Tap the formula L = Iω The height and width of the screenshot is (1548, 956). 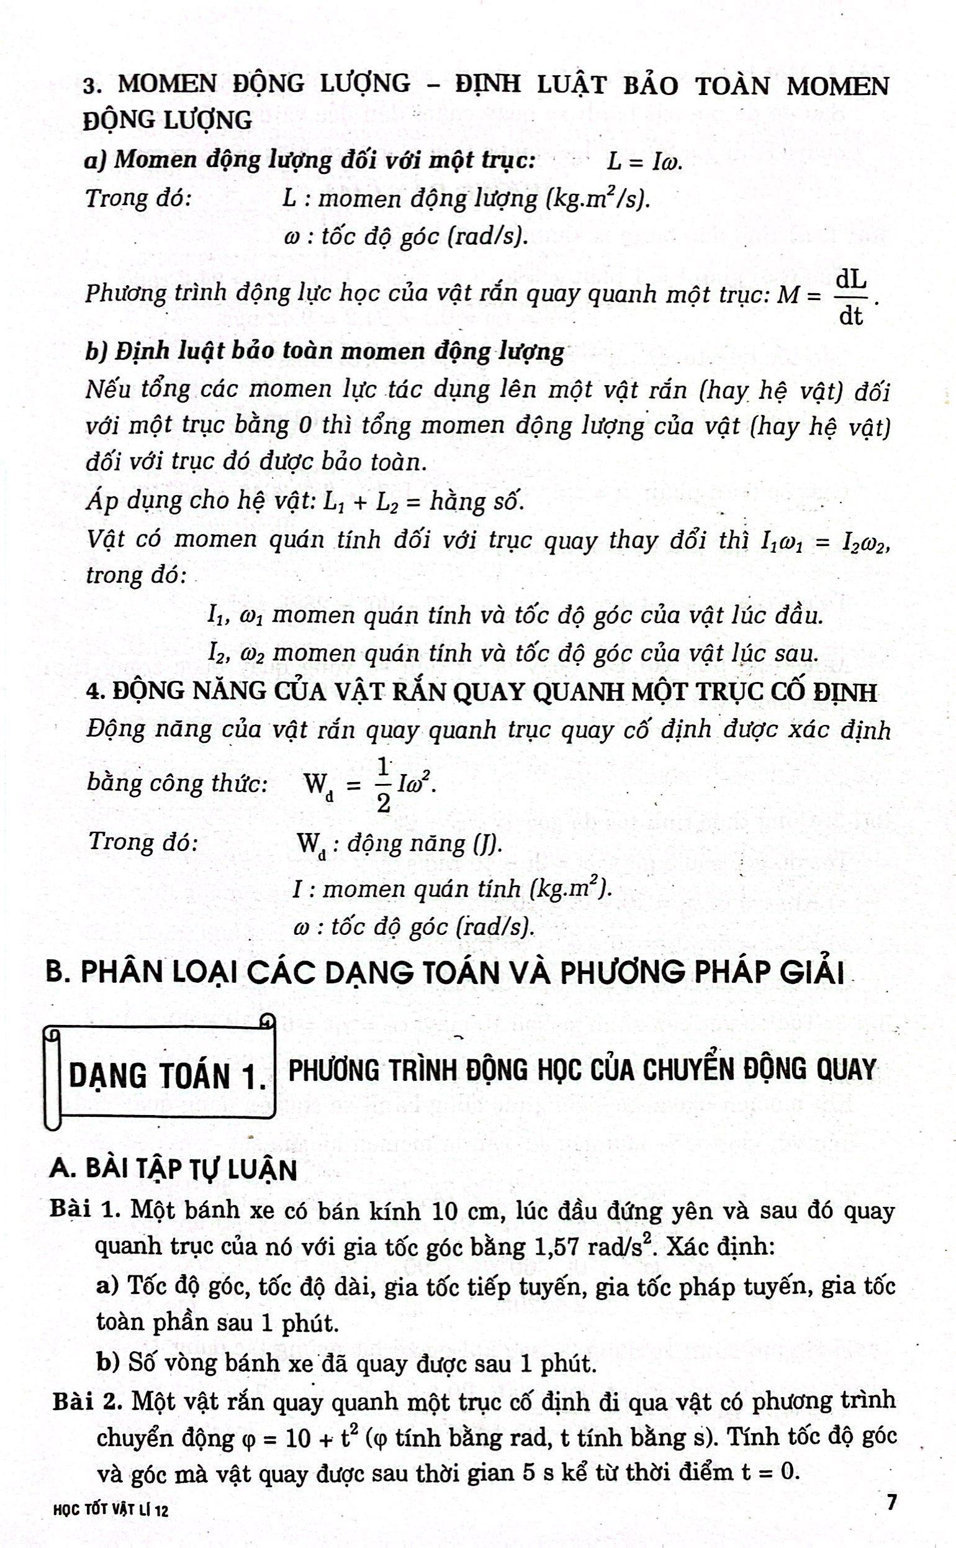coord(644,162)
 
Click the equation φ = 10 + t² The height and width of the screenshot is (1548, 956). coord(301,1439)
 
